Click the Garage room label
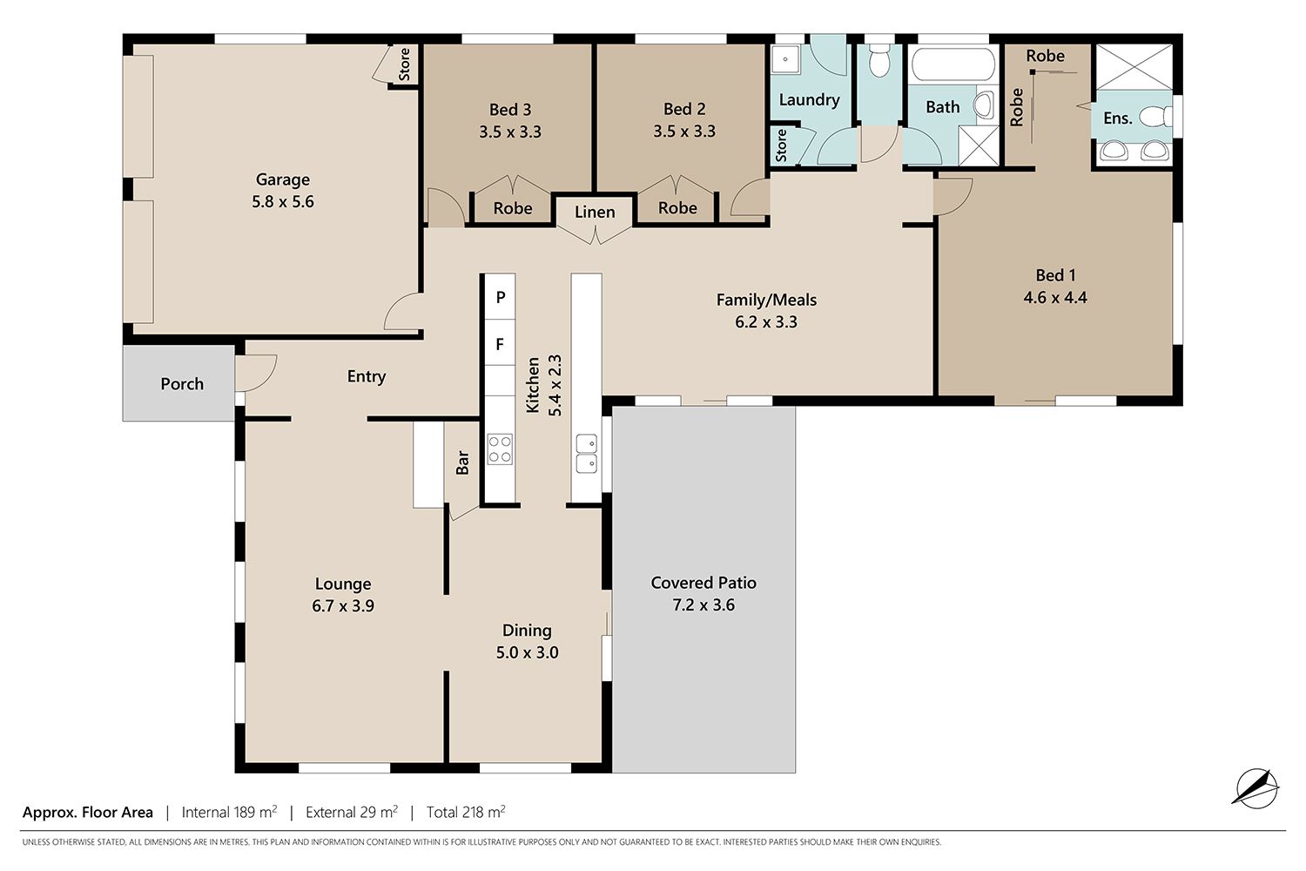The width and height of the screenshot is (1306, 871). [283, 179]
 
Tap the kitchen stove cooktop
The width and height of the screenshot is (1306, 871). [500, 449]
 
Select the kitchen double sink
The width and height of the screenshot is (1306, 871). [586, 453]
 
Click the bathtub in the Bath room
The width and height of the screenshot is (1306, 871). [953, 64]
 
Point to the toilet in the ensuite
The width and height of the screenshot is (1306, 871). [1155, 116]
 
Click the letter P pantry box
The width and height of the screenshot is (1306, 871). [501, 297]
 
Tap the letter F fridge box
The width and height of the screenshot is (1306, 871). [501, 343]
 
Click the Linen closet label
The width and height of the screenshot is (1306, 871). [595, 212]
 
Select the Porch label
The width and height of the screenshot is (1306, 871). [182, 384]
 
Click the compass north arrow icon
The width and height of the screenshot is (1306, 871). [1256, 788]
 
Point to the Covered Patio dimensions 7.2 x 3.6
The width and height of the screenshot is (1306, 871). [703, 605]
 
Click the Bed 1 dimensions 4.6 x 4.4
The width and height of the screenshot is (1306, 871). [1054, 298]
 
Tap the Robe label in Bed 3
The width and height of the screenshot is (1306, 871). [513, 208]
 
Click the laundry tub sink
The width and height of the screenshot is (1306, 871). [786, 60]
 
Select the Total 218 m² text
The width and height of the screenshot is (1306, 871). [465, 812]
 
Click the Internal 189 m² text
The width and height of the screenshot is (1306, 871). [229, 812]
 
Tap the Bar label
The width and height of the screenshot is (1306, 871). [462, 463]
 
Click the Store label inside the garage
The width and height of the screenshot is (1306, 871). [404, 64]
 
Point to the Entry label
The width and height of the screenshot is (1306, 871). [367, 376]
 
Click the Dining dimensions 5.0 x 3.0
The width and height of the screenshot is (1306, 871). [527, 652]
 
